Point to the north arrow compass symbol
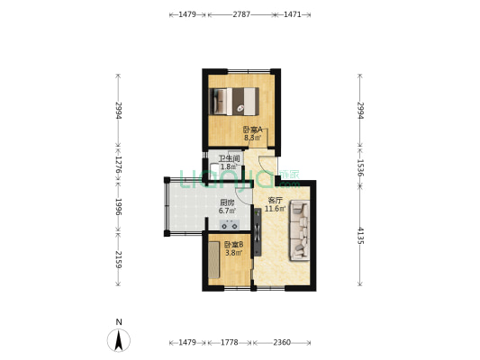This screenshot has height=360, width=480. click(x=118, y=340)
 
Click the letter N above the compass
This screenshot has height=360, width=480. click(x=118, y=322)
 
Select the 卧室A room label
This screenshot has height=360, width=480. click(x=252, y=130)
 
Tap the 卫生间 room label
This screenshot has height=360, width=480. click(x=228, y=158)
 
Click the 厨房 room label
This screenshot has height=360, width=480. click(x=227, y=202)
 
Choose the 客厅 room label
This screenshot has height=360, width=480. click(x=276, y=201)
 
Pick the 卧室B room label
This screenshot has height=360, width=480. click(x=232, y=245)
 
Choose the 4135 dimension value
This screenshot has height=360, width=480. click(x=360, y=237)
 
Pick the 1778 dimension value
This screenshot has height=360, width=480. click(x=229, y=343)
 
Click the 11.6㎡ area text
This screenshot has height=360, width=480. click(x=276, y=209)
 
